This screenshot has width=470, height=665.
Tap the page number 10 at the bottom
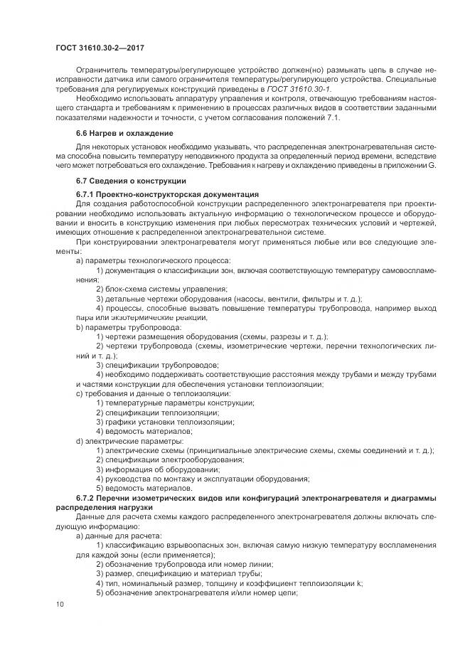pyautogui.click(x=59, y=604)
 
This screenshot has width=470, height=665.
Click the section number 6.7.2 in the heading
pyautogui.click(x=88, y=498)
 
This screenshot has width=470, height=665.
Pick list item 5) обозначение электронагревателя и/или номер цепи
pyautogui.click(x=196, y=592)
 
